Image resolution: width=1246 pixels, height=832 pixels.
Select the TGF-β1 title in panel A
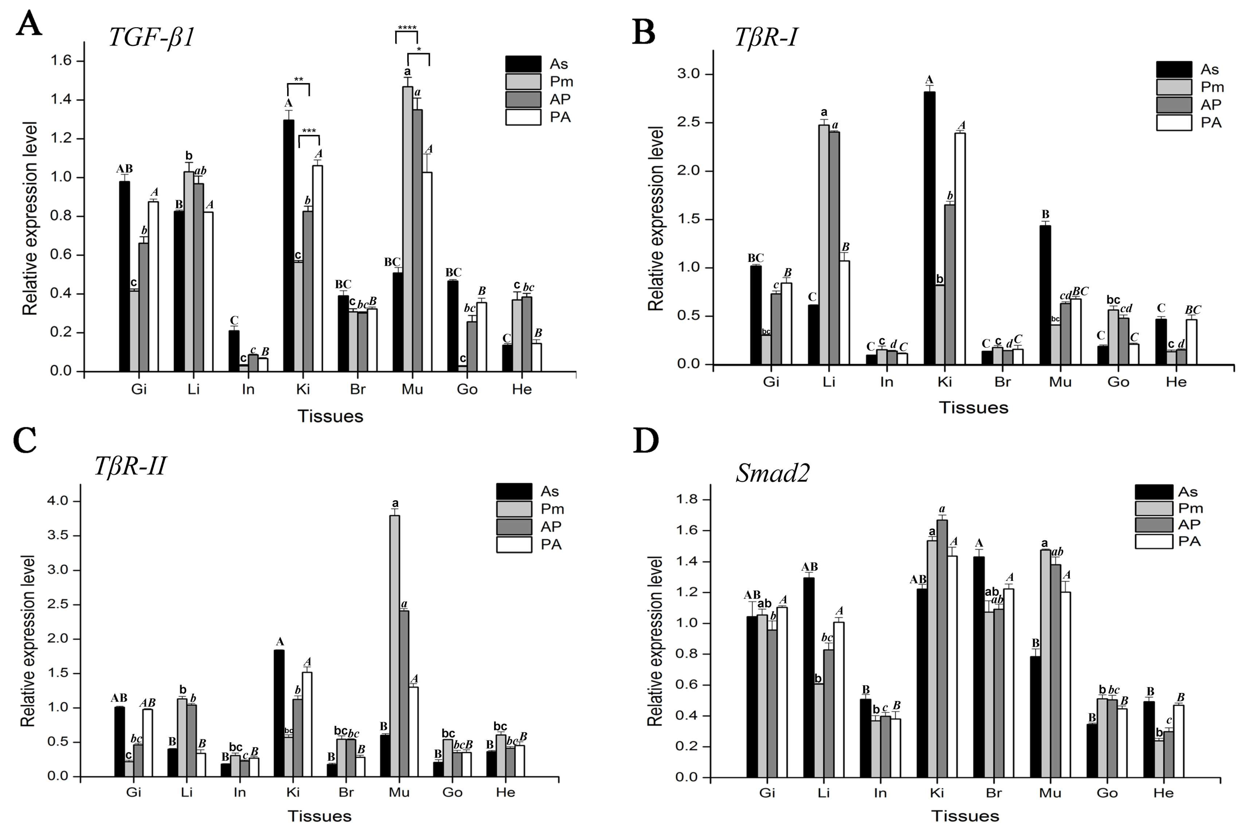coord(152,38)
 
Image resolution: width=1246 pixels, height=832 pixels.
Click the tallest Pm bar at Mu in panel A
coord(407,228)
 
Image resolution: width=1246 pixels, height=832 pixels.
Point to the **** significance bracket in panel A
coord(406,33)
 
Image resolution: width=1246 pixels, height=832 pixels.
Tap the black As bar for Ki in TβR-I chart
coord(929,228)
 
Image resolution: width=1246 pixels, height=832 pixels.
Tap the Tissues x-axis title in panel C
coord(319,816)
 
